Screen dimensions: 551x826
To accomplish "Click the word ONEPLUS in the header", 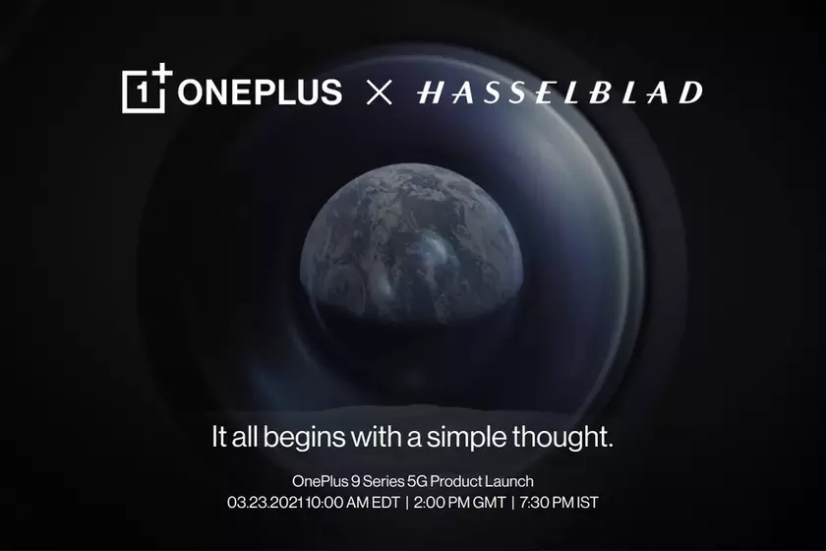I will (x=261, y=92).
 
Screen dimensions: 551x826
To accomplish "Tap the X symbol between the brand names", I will (x=380, y=93).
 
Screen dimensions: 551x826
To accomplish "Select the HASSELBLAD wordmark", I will (x=560, y=93).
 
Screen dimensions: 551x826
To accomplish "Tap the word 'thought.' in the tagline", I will (x=567, y=437).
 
